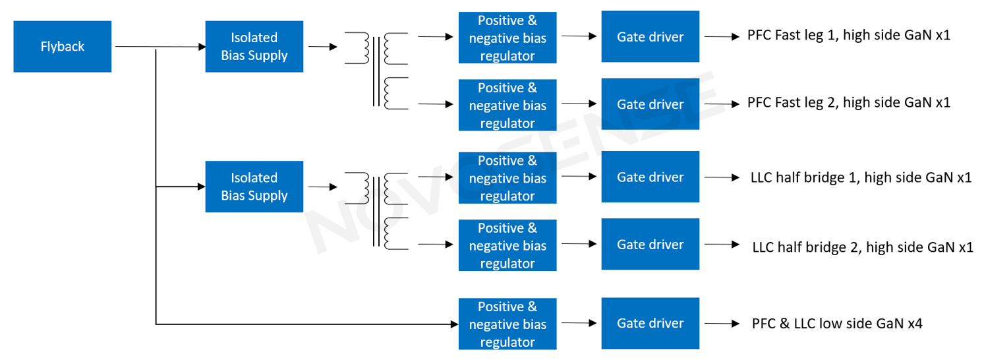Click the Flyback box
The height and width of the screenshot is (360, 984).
(x=62, y=47)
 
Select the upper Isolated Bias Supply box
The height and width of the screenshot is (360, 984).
(x=254, y=47)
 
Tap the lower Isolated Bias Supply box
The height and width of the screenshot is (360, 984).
(x=254, y=187)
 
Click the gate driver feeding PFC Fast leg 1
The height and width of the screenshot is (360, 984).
(x=650, y=37)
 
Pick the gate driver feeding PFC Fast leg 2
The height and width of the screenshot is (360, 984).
(x=650, y=104)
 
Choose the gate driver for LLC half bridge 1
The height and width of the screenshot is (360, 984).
(x=650, y=177)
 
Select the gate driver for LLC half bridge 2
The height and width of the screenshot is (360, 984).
(x=650, y=244)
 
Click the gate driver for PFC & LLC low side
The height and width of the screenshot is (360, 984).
(x=650, y=323)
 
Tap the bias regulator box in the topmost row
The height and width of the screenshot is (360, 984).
(x=507, y=38)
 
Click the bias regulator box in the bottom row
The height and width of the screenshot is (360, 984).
(x=507, y=324)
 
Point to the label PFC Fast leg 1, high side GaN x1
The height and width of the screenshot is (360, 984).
(x=848, y=36)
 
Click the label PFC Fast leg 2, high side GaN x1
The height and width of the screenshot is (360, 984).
(x=848, y=103)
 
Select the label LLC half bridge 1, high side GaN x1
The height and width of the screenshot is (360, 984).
(x=861, y=177)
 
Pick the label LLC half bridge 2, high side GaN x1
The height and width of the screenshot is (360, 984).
(x=862, y=247)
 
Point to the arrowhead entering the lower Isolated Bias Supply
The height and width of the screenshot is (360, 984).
(x=202, y=187)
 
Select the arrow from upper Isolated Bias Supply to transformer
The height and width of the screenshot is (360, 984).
(x=322, y=47)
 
